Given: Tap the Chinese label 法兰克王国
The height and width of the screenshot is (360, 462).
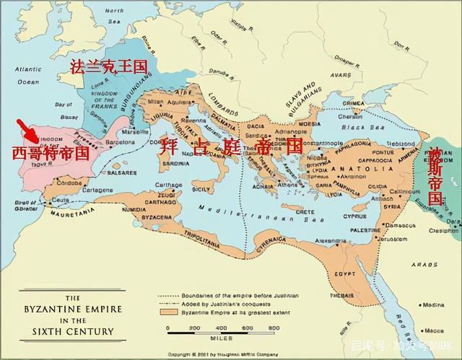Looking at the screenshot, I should (x=108, y=66).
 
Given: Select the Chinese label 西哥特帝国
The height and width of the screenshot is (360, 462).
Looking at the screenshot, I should (x=51, y=153).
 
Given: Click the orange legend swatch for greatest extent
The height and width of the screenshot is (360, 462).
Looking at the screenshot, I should (x=167, y=311).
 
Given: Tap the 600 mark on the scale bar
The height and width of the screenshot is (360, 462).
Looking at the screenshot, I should (x=245, y=328).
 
